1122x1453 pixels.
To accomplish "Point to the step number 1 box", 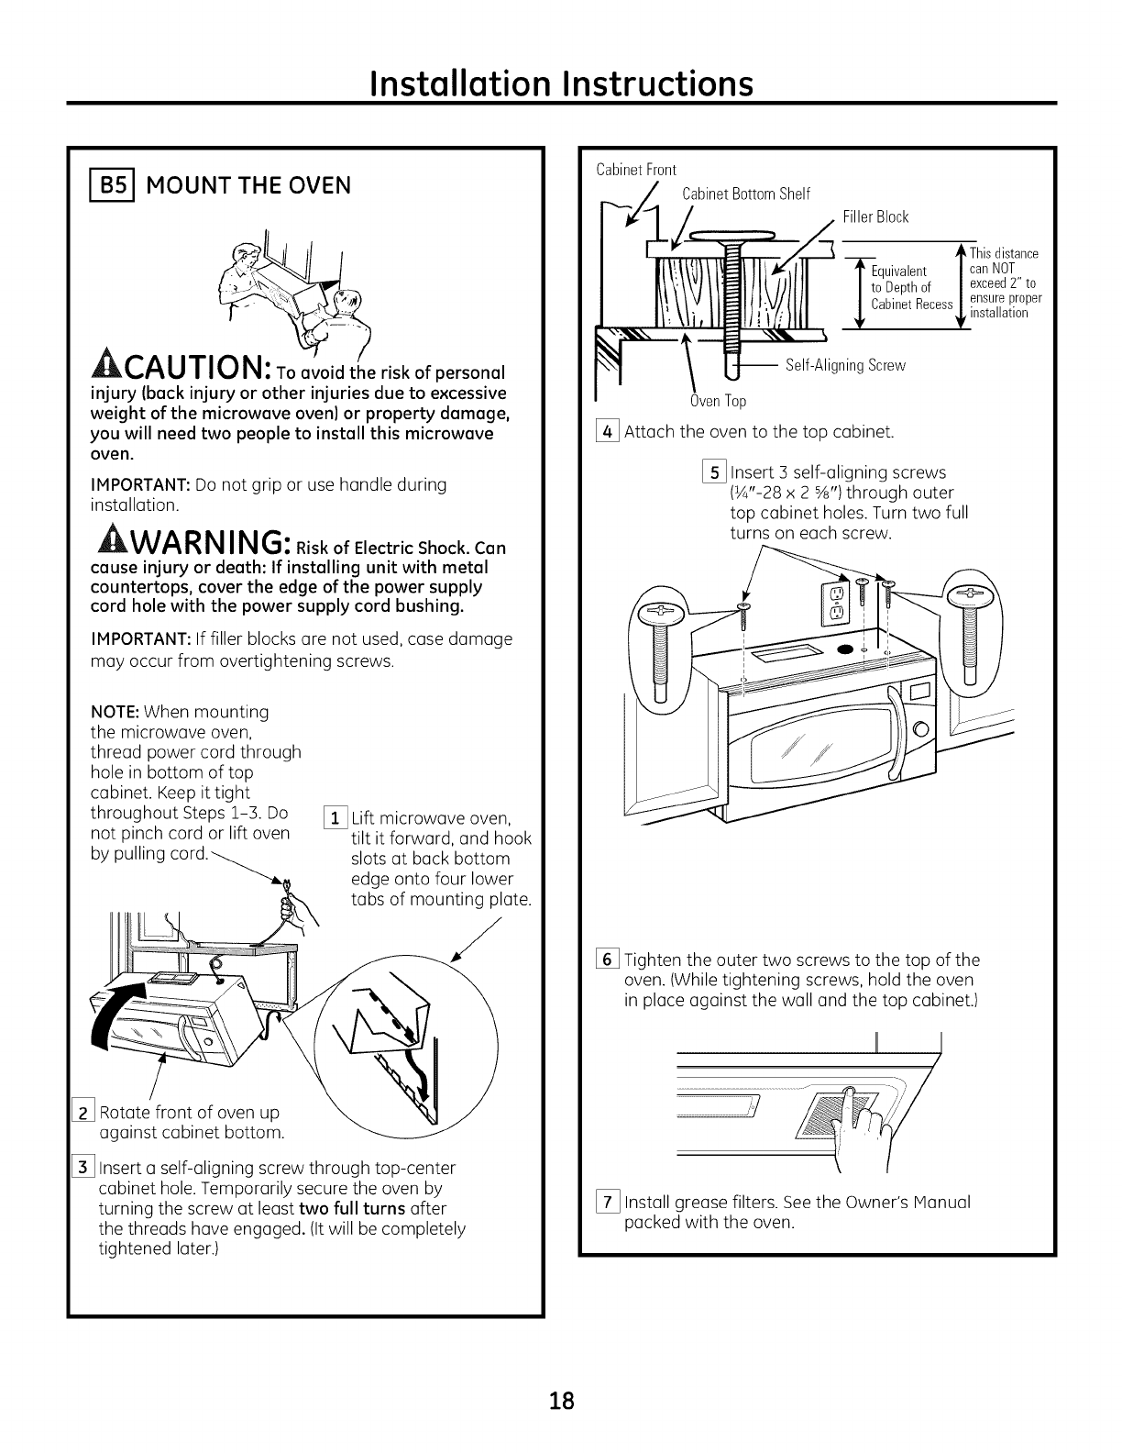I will coord(336,818).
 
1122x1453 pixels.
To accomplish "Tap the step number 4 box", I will coord(609,431).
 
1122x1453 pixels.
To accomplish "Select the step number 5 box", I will coord(716,472).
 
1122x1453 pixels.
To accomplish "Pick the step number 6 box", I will coord(609,960).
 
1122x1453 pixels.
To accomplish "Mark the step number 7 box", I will coord(609,1203).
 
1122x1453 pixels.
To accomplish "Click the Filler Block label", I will coord(875,217).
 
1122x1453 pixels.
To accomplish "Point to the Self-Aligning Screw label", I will coord(845,365).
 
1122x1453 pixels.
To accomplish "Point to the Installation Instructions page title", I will coord(561,83).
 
